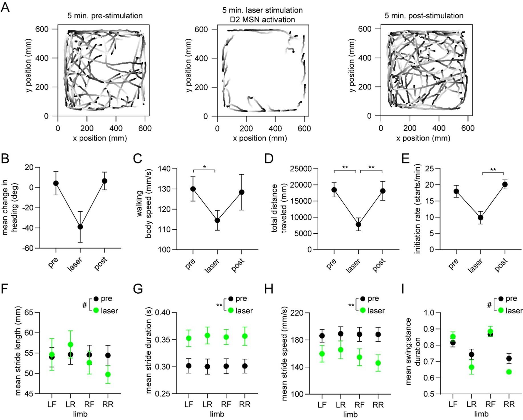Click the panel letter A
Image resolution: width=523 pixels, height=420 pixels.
[x=5, y=7]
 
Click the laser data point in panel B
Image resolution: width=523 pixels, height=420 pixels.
[x=80, y=227]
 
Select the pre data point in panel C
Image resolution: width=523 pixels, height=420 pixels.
[x=193, y=189]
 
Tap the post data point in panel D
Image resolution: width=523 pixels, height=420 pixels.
[x=382, y=191]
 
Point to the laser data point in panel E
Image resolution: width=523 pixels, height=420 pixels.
[x=481, y=218]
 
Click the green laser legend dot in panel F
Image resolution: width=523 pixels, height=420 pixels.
[x=96, y=310]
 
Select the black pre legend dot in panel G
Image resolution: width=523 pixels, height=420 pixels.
[x=230, y=299]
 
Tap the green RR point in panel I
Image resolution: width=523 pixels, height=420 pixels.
[x=509, y=372]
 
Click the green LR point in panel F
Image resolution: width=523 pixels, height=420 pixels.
[x=70, y=345]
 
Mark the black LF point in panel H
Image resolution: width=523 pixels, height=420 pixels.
[x=322, y=336]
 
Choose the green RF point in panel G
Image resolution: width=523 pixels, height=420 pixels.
[x=226, y=337]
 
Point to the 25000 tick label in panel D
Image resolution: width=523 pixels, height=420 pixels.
[x=301, y=169]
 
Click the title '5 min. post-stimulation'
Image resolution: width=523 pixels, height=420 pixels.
[x=424, y=16]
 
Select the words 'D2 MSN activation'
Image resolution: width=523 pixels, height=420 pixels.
[x=262, y=20]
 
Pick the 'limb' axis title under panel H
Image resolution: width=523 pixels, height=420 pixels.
[x=350, y=414]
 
